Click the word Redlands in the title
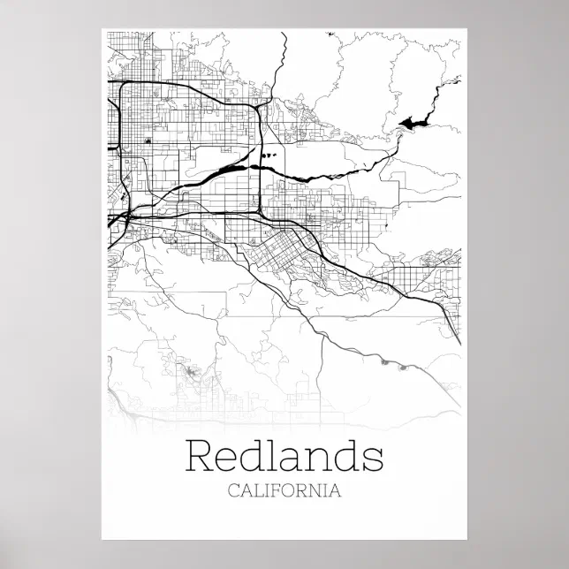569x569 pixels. coord(284,457)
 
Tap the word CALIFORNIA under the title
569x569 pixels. coord(284,489)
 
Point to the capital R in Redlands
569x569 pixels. coord(200,457)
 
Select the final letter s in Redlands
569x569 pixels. coord(374,459)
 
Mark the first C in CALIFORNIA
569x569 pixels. coord(233,489)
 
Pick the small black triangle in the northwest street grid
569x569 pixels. coord(148,140)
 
